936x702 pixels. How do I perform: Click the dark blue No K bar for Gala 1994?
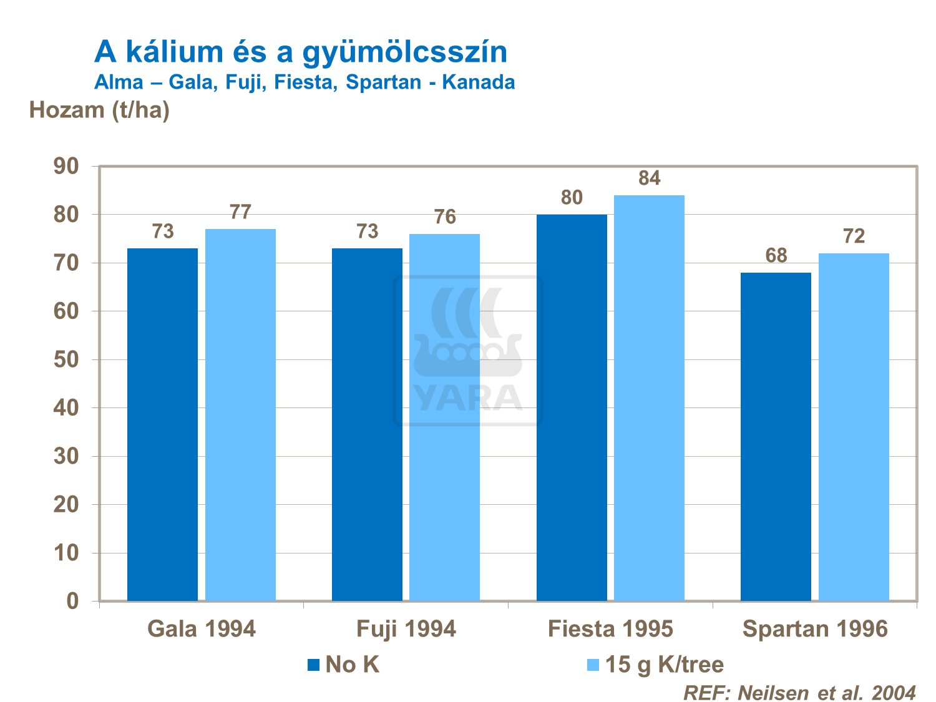coord(162,424)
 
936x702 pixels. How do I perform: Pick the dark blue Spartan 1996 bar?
coord(776,437)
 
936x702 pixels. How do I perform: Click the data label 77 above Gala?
coord(240,212)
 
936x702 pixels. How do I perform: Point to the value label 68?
coord(776,256)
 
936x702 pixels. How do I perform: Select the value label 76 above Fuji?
coord(445,217)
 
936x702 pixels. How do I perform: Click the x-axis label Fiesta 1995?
coord(610,629)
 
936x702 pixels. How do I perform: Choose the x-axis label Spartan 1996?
coord(815,629)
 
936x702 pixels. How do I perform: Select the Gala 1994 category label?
coord(202,629)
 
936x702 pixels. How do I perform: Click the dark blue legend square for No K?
coord(313,665)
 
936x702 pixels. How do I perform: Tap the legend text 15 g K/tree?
coord(665,665)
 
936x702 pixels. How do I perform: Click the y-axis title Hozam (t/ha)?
coord(100,110)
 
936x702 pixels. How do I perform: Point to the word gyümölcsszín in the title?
coord(405,52)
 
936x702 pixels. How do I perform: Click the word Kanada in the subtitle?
coord(479,82)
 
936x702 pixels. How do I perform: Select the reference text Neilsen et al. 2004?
coord(827,693)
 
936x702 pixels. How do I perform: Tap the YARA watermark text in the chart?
coord(468,397)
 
